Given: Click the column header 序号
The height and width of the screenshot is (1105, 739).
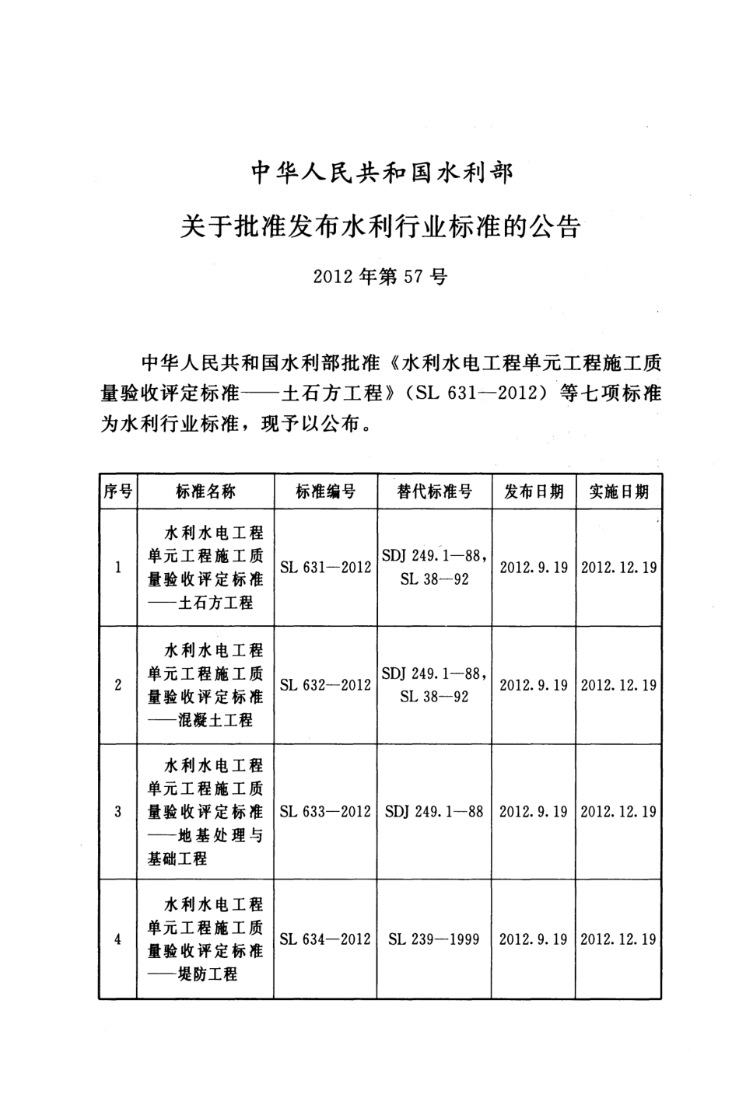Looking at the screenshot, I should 117,491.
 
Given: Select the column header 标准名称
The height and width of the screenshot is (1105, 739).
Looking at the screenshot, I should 205,491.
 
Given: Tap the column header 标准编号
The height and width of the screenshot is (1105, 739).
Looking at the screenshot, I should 325,491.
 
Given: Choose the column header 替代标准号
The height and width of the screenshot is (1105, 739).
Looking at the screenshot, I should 434,491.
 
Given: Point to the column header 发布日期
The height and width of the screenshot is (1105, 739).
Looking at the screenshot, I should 534,491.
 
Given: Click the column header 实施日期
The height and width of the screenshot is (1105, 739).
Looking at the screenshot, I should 618,491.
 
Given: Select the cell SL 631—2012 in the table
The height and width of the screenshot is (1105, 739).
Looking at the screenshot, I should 325,568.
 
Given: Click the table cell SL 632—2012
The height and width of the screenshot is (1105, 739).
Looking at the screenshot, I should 325,685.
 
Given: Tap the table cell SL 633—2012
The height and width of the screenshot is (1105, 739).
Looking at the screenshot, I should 325,812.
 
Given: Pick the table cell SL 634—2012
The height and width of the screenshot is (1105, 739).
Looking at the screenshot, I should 325,939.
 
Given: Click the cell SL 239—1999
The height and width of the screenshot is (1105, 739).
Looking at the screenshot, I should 434,939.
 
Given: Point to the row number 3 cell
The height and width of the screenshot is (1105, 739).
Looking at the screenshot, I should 117,812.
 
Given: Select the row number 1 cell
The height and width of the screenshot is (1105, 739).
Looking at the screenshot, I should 117,568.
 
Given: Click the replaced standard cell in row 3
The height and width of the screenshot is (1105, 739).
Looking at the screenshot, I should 434,812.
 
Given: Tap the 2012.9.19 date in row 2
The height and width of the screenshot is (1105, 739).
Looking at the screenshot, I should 534,685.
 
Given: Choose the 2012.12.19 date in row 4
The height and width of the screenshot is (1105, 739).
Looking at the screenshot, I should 618,939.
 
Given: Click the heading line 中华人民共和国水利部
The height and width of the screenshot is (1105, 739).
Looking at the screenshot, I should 381,173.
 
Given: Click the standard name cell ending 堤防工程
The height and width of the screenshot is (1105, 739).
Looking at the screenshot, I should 205,939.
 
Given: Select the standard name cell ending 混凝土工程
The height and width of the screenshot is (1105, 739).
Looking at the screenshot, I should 205,685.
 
